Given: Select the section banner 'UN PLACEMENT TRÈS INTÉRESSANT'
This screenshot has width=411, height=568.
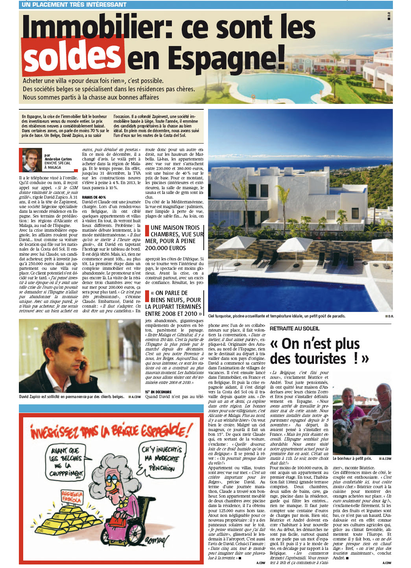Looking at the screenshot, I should click(74, 5).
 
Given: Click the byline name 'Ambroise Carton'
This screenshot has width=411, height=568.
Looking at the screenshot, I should click(58, 159).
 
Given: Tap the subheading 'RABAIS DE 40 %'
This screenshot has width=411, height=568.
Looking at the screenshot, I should click(94, 197).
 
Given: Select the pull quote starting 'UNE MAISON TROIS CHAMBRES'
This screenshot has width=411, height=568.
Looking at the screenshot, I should click(174, 238).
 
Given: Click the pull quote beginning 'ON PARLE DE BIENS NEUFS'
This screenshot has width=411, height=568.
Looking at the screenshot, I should click(174, 303).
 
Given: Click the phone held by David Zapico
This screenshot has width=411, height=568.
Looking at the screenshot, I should click(82, 365).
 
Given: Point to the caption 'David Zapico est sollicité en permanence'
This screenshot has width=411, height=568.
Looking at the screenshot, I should click(72, 396).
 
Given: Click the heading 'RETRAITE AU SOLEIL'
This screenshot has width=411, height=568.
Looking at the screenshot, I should click(295, 328).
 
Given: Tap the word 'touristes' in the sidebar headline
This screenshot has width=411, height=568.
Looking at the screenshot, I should click(308, 359).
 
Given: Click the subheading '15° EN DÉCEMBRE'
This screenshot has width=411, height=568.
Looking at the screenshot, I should click(158, 392).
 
